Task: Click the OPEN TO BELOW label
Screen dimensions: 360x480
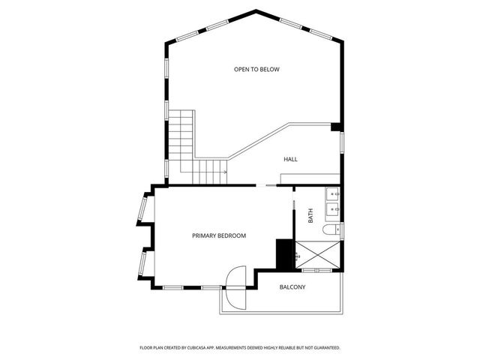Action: (x=256, y=70)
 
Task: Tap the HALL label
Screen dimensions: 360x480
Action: (x=290, y=160)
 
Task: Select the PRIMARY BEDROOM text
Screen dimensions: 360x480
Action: (x=219, y=235)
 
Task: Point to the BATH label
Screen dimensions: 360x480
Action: (x=310, y=217)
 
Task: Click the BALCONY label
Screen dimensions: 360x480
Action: (x=292, y=287)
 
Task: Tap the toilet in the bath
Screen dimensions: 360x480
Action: (x=331, y=230)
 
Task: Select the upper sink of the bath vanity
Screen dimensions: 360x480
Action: (x=332, y=196)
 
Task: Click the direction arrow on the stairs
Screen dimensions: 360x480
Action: (x=223, y=172)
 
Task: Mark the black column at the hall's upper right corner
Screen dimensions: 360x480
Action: (x=336, y=127)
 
